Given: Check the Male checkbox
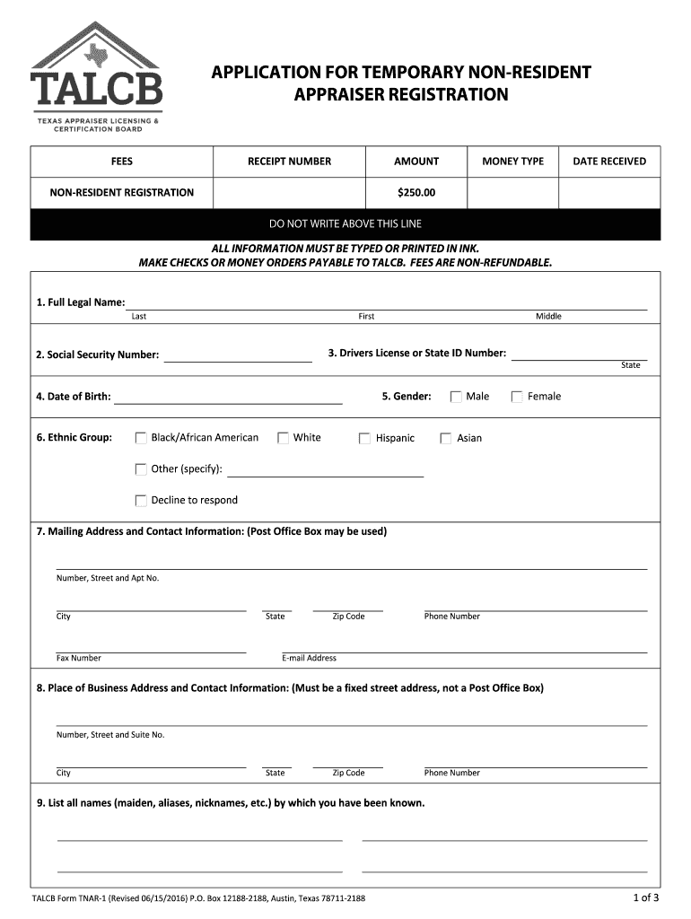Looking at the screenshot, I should tap(456, 397).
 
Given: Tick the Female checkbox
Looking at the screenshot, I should tap(517, 397).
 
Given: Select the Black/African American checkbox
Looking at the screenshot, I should tap(141, 438).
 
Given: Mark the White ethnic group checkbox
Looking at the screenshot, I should tap(283, 438).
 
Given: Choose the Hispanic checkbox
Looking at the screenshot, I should tap(364, 439).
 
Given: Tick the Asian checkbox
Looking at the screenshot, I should tap(446, 439).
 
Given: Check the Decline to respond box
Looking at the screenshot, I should tap(141, 501).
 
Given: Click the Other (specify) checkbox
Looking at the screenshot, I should tap(141, 469).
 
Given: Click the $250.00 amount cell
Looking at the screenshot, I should tap(416, 192).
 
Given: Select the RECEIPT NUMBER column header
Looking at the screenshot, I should tap(289, 162).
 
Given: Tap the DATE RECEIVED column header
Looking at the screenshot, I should tap(609, 162).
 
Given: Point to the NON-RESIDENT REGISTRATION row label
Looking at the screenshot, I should tap(122, 192).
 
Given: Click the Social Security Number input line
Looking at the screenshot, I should tap(237, 357).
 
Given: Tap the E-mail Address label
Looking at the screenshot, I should tap(309, 658).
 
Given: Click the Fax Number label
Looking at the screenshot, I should tap(79, 658).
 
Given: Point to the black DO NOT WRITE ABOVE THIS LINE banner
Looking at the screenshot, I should tap(345, 223).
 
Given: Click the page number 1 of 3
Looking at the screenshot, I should tap(646, 897).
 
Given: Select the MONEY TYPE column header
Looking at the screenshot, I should tap(512, 162).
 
